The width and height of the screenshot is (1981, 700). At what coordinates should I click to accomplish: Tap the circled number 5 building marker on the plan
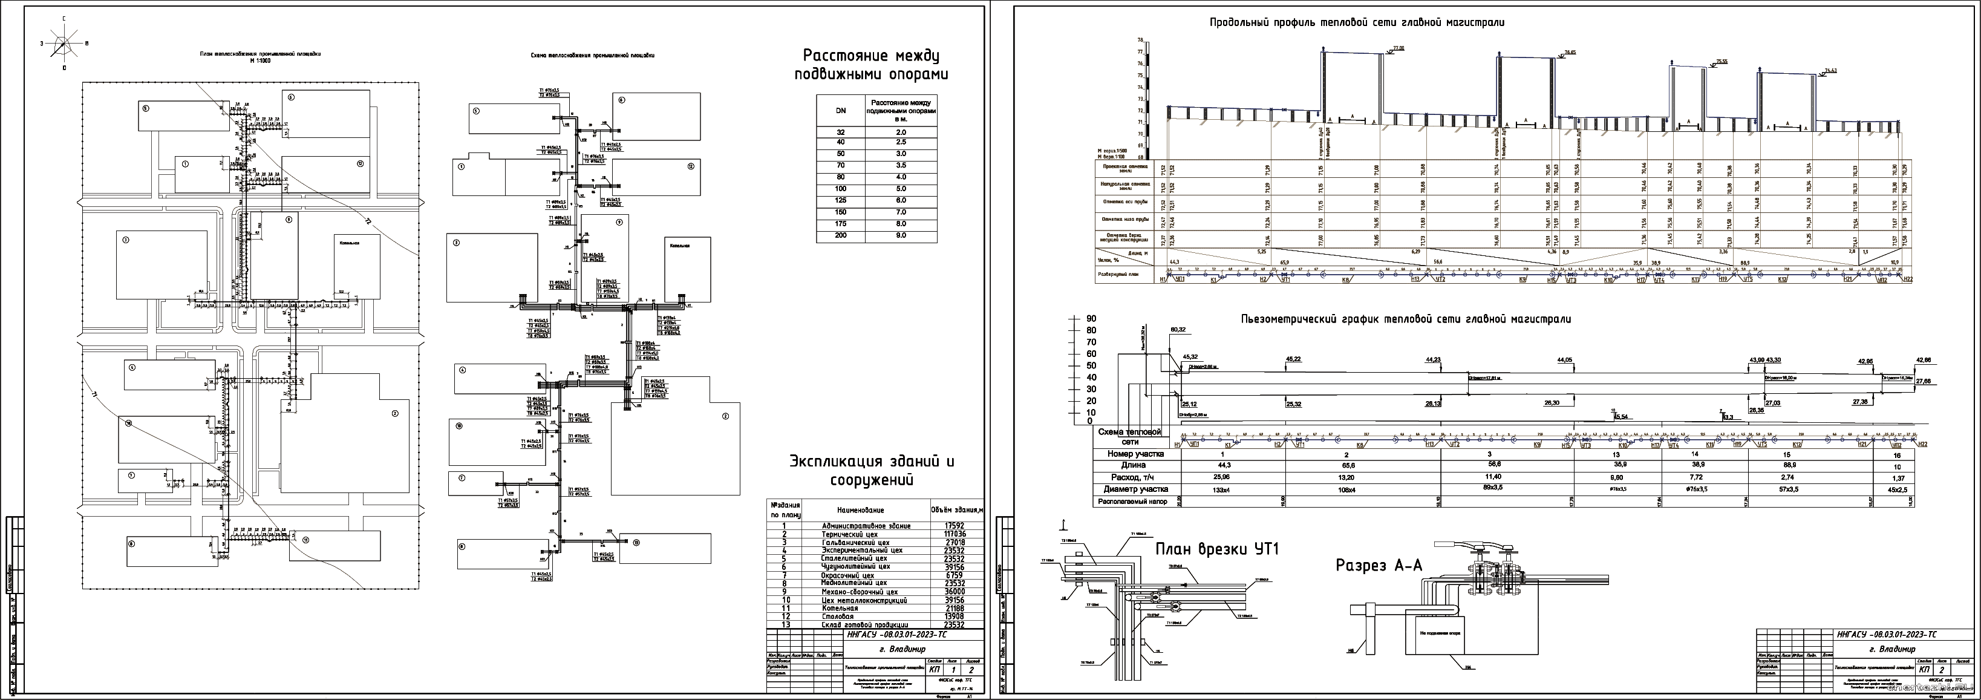(145, 108)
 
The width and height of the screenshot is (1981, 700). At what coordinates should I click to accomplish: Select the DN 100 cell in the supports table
(841, 189)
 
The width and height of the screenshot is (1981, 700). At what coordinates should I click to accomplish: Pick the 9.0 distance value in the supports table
(901, 235)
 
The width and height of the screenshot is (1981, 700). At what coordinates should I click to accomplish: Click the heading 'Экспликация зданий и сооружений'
(871, 471)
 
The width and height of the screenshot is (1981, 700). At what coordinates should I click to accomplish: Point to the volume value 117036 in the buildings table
(948, 534)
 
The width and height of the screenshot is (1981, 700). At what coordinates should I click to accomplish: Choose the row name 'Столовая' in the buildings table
(839, 616)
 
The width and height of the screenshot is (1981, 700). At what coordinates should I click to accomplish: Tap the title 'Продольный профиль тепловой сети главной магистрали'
(1357, 23)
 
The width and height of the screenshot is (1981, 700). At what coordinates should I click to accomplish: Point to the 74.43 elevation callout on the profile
(1830, 71)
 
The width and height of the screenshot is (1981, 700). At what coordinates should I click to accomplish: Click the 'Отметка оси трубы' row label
(1124, 202)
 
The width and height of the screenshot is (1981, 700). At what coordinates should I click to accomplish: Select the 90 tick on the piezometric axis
(1091, 318)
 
